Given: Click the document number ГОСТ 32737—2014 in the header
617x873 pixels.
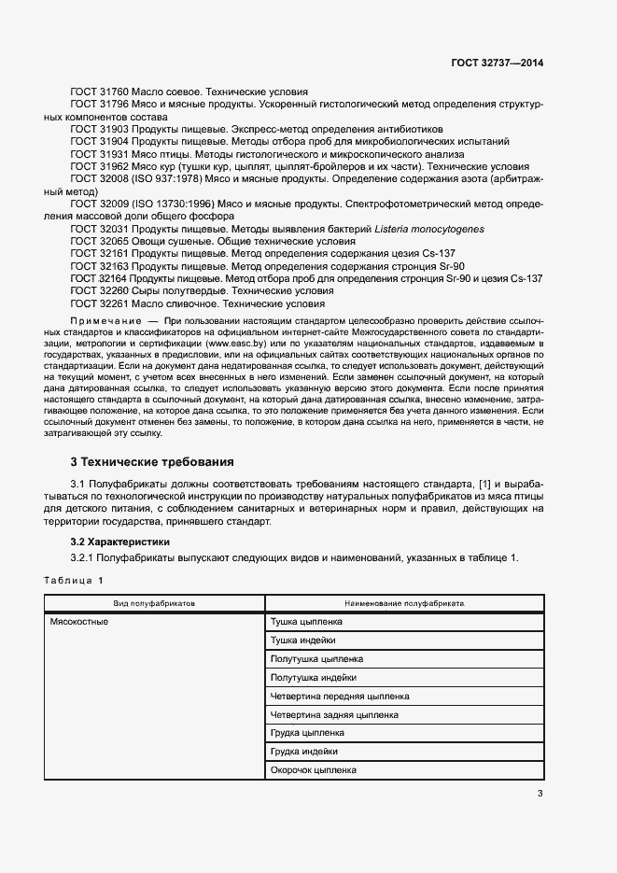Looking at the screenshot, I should point(498,63).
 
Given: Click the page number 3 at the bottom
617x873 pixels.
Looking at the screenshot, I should point(540,795).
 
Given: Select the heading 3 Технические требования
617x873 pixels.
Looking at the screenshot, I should point(151,462).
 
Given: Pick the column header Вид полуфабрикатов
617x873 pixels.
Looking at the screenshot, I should point(154,603).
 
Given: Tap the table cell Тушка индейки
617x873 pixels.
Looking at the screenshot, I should point(302,641).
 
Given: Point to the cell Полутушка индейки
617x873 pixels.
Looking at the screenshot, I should point(313,678).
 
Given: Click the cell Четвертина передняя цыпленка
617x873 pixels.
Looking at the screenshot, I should point(339,697).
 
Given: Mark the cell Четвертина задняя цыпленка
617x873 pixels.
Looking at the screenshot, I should point(333,715).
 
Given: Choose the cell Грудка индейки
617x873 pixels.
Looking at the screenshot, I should point(303,752).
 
